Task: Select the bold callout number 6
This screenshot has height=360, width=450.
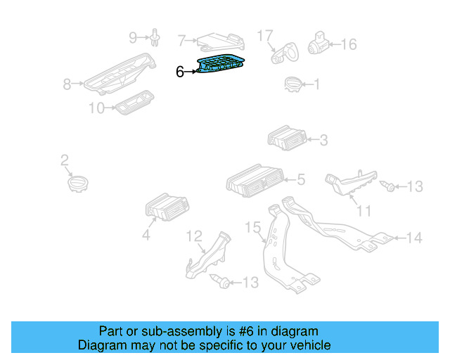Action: [180, 72]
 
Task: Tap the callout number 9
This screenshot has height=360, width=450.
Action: [133, 37]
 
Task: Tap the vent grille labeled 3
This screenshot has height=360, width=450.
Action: [285, 138]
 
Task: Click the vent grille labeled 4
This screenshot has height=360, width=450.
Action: [163, 208]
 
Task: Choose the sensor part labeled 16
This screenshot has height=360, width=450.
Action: [320, 44]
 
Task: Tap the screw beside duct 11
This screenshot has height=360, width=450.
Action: [387, 186]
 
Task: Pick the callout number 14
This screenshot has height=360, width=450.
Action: [414, 238]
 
